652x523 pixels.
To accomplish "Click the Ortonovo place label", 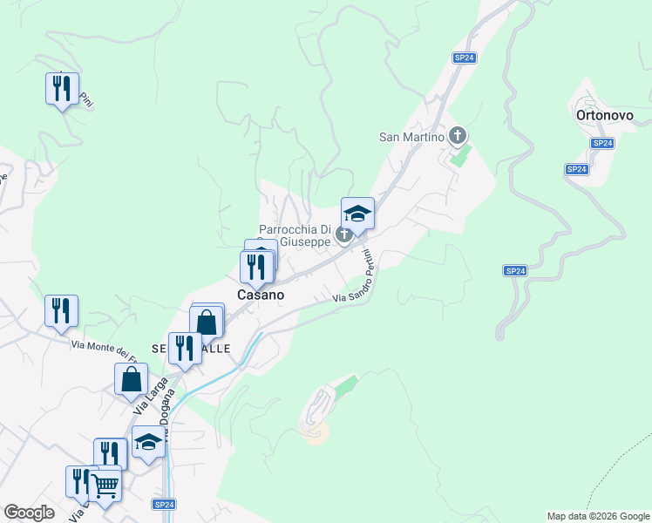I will tap(602, 114).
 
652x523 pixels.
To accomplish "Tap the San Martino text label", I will tap(412, 136).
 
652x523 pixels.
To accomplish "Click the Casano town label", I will tap(261, 295).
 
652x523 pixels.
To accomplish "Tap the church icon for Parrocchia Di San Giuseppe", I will tap(344, 234).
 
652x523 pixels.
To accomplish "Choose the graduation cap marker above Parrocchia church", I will tap(357, 214).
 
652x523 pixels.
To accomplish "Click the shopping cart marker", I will tap(105, 485).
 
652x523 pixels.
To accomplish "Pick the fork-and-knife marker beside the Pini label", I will tap(61, 89).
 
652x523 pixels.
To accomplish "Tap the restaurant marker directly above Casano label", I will tap(256, 266).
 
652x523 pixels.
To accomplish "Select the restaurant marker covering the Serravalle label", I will tap(184, 348).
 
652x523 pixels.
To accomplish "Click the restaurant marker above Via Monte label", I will tap(61, 311).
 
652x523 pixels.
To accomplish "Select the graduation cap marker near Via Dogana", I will tap(148, 442).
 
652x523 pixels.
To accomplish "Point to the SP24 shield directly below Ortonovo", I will tap(601, 143).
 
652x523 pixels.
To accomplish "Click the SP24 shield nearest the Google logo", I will tap(165, 504).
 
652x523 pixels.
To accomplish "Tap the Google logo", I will tap(30, 513).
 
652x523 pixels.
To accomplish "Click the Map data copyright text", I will tap(597, 516).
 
